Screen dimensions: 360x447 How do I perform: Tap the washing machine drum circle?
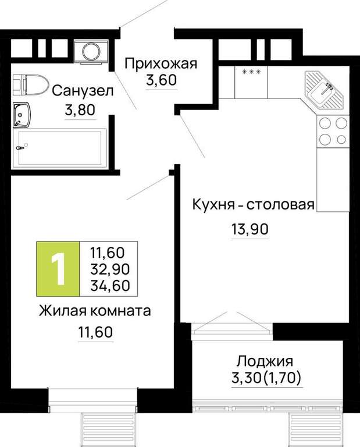coord(91,52)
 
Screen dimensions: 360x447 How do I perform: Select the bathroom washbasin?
coord(21,115)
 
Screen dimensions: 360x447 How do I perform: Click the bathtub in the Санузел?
coord(59,147)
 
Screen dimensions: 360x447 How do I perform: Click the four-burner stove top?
coord(333,132)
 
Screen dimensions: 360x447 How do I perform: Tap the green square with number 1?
coord(58,268)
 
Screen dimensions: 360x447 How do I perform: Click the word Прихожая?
coord(161,63)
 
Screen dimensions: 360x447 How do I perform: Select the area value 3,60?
coord(162,80)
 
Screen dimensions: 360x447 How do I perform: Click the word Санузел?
coord(83,91)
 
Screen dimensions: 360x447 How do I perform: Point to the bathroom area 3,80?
coord(80,110)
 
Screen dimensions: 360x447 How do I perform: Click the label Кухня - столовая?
coord(254,204)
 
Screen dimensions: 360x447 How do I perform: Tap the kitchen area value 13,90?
coord(250,229)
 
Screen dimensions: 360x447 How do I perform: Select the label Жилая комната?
coord(95,311)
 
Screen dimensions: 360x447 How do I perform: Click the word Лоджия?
coord(265,361)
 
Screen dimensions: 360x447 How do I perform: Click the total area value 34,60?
coord(111,285)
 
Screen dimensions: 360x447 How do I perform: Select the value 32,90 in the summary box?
coord(111,269)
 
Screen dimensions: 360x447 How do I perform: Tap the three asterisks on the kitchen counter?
coord(251,72)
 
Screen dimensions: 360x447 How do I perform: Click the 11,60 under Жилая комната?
coord(96,332)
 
